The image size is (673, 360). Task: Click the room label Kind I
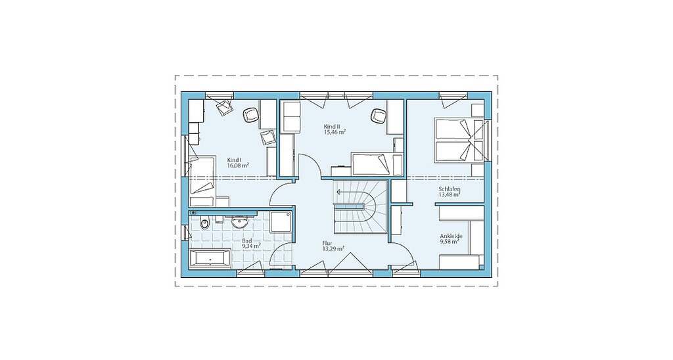[x=235, y=160]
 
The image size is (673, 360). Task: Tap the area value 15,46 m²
[x=335, y=132]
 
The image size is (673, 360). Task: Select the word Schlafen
[x=450, y=189]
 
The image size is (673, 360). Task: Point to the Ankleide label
[x=451, y=236]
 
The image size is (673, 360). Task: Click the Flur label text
[x=327, y=243]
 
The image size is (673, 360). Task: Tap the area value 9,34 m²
[x=251, y=246]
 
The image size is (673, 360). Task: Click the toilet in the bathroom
[x=204, y=223]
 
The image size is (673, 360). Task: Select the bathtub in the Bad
[x=210, y=259]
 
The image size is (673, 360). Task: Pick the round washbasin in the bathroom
[x=239, y=221]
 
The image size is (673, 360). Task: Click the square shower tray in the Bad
[x=281, y=223]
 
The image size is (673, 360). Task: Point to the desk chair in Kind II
[x=378, y=115]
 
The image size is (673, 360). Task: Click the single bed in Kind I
[x=202, y=175]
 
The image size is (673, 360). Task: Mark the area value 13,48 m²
[x=450, y=194]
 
